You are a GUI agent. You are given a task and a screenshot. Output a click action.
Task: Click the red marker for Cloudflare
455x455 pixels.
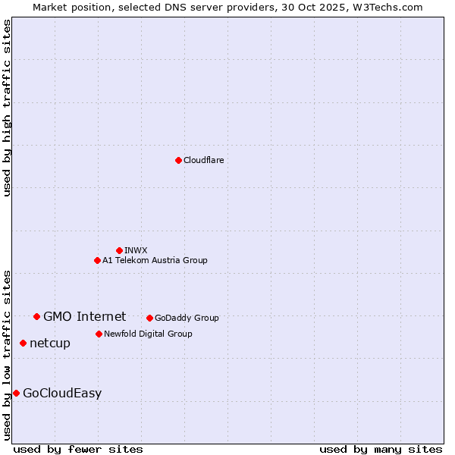tap(178, 160)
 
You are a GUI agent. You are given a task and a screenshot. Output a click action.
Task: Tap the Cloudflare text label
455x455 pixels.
tap(203, 160)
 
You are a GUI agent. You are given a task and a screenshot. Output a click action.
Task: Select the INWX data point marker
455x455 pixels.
tap(119, 250)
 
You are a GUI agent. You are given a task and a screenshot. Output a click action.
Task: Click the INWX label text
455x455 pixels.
tap(136, 250)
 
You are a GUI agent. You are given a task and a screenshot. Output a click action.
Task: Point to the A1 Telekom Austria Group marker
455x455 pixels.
tap(97, 260)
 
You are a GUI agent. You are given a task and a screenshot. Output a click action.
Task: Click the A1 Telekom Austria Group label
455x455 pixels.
tap(155, 260)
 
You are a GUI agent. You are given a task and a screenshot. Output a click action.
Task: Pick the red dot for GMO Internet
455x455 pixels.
tap(36, 316)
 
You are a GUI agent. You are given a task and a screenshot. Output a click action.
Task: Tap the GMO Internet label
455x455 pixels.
tap(84, 316)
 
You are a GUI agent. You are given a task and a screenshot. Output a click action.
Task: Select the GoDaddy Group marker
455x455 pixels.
tap(149, 318)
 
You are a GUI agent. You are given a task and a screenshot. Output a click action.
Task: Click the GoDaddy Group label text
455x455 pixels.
tap(187, 318)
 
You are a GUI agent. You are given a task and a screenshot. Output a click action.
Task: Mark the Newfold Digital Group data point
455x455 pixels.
tap(99, 334)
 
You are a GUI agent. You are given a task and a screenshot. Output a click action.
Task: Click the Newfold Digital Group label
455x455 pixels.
tap(148, 334)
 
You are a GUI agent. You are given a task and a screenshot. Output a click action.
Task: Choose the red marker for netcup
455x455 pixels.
tap(23, 343)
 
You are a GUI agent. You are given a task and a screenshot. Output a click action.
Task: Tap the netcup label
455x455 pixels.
tap(50, 343)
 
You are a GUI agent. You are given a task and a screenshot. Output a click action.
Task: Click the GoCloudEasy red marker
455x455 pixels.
tap(16, 393)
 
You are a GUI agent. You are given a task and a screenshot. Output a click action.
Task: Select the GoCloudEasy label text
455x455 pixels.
tap(62, 393)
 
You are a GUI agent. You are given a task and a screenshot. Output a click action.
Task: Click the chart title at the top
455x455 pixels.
tap(227, 7)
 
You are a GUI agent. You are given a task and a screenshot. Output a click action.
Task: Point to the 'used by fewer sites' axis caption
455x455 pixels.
tap(78, 449)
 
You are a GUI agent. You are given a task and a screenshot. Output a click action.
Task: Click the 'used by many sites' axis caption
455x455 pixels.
tap(381, 449)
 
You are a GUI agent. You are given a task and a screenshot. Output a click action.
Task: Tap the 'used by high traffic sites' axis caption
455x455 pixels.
tap(7, 108)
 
